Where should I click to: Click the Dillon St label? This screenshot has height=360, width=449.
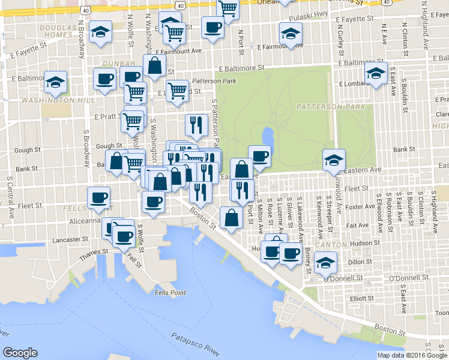coord(360,261)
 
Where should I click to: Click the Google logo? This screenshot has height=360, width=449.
coord(20,352)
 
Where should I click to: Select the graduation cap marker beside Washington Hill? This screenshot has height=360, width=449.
coord(56,82)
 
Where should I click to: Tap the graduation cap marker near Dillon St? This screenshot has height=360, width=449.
coord(325,262)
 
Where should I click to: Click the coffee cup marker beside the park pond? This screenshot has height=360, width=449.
coord(259,156)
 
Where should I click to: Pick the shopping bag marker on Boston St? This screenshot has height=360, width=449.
coord(231,218)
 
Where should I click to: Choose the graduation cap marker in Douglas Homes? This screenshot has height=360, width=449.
coord(100,31)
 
